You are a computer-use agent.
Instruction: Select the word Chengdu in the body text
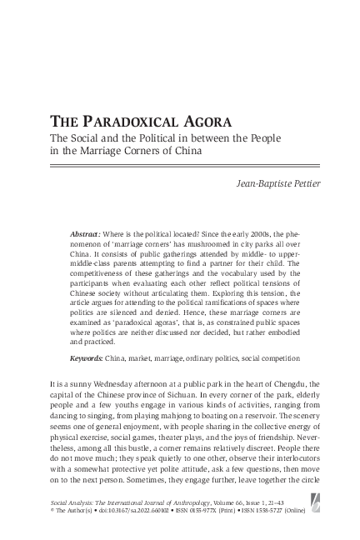point(301,384)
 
